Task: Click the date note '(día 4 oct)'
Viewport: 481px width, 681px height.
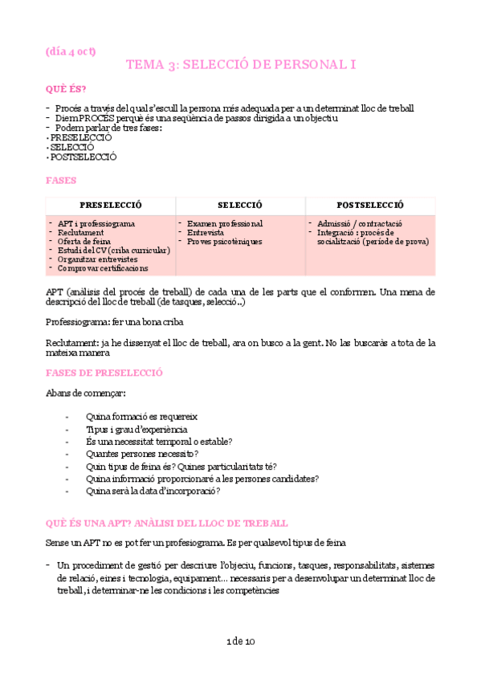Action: coord(71,51)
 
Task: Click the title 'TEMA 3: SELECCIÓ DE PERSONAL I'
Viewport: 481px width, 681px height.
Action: coord(240,66)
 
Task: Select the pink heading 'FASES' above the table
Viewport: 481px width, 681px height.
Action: coord(62,181)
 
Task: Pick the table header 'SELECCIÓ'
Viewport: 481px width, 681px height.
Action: coord(240,206)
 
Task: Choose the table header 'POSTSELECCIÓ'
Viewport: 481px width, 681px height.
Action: coord(370,206)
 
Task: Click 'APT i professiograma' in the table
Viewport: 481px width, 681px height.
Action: coord(96,223)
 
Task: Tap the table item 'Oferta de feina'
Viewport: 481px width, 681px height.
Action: coord(85,241)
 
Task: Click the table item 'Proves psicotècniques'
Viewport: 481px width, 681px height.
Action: coord(227,241)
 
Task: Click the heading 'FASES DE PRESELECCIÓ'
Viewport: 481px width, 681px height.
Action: coord(104,373)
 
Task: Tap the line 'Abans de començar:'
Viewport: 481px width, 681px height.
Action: coord(86,393)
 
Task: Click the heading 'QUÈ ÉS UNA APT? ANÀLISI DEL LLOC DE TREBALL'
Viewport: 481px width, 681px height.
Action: coord(167,522)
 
